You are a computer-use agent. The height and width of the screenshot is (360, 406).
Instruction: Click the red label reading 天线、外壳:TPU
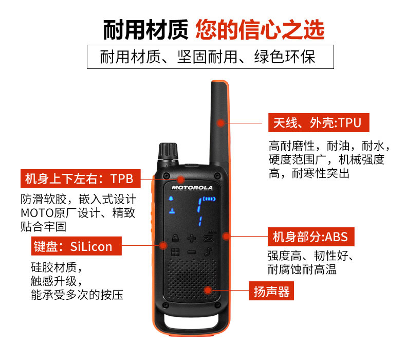pyautogui.click(x=319, y=122)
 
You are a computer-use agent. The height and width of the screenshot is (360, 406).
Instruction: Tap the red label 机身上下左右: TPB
pyautogui.click(x=81, y=178)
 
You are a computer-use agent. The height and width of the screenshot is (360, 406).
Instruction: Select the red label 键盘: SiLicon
pyautogui.click(x=77, y=246)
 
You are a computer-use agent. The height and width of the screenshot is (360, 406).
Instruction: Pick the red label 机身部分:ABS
pyautogui.click(x=311, y=237)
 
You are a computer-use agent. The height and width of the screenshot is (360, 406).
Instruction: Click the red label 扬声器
pyautogui.click(x=271, y=291)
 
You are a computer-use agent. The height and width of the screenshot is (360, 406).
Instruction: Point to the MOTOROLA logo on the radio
pyautogui.click(x=192, y=187)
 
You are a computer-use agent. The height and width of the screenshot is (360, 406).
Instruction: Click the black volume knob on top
pyautogui.click(x=168, y=153)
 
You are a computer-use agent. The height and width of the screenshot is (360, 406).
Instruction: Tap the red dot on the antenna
pyautogui.click(x=220, y=123)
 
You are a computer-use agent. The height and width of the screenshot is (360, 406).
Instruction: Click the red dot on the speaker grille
pyautogui.click(x=208, y=290)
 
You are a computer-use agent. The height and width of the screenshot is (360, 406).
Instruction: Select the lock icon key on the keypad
pyautogui.click(x=176, y=238)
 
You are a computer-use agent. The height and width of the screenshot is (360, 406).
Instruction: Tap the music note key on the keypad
pyautogui.click(x=208, y=251)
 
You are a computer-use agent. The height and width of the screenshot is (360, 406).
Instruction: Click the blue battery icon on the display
pyautogui.click(x=209, y=199)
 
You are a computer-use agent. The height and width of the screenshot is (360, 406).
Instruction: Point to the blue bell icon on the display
pyautogui.click(x=171, y=199)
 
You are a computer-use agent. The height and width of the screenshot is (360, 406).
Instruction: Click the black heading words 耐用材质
pyautogui.click(x=146, y=30)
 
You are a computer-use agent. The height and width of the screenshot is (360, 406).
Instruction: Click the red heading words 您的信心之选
pyautogui.click(x=260, y=30)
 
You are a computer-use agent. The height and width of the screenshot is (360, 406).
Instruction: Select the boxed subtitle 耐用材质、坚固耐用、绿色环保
pyautogui.click(x=210, y=57)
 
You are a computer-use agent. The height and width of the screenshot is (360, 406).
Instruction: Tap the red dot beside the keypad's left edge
pyautogui.click(x=163, y=245)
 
